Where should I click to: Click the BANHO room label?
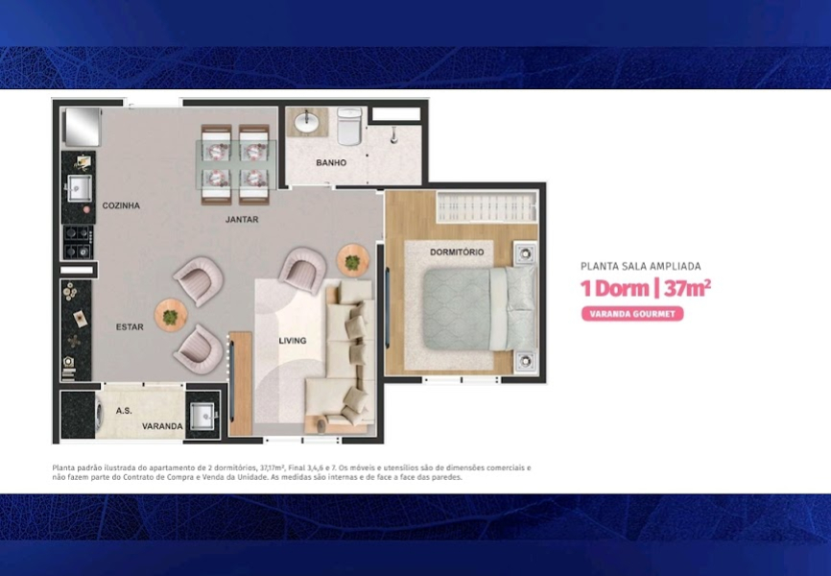click(331, 163)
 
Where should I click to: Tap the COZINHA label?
click(121, 205)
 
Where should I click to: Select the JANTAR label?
click(242, 219)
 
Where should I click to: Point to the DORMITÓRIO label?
click(457, 252)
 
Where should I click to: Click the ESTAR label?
click(130, 326)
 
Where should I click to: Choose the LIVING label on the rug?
click(293, 341)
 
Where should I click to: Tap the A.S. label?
click(124, 411)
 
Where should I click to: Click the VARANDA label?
click(162, 426)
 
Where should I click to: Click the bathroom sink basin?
click(306, 123)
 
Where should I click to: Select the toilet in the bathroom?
click(349, 126)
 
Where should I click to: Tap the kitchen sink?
click(80, 188)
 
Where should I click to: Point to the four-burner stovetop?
click(79, 242)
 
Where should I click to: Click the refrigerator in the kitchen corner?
click(83, 127)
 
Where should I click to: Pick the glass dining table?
click(236, 164)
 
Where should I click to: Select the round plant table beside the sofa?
click(353, 260)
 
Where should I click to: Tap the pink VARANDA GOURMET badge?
click(632, 314)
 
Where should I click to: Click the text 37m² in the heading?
click(687, 289)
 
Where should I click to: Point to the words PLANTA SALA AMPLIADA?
click(641, 266)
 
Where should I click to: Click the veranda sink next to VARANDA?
click(202, 417)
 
